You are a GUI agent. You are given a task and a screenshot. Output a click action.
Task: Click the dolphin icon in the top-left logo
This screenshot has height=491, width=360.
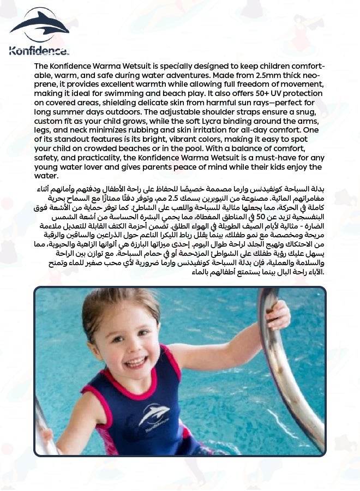point(39,25)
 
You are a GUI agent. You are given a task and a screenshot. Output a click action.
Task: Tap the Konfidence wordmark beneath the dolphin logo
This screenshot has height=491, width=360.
point(39,51)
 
